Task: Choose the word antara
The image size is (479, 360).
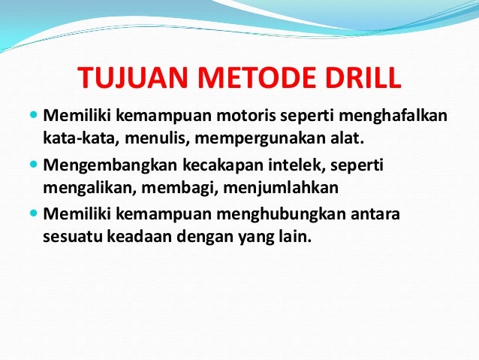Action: pyautogui.click(x=375, y=213)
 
